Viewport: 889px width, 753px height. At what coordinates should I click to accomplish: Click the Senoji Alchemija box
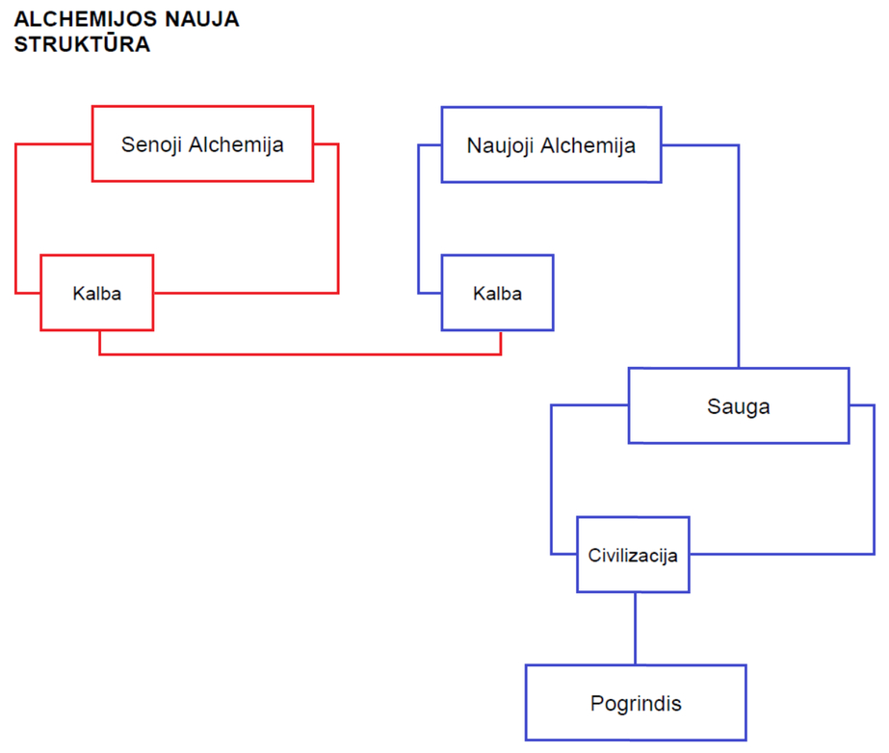click(202, 143)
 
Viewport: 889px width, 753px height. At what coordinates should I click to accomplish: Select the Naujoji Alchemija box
click(551, 144)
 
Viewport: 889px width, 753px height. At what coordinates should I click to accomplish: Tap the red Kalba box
click(97, 293)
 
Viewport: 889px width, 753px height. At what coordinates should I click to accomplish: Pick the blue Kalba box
click(497, 293)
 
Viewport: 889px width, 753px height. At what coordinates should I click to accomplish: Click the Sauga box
click(739, 405)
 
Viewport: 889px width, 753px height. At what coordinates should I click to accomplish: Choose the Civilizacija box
click(633, 555)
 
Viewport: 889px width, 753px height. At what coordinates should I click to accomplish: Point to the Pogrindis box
click(636, 703)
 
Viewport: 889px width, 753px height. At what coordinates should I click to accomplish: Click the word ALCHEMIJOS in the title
click(86, 19)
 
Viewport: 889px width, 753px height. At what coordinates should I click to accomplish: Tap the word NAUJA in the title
click(202, 19)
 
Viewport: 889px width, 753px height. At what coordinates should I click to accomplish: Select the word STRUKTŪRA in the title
click(82, 43)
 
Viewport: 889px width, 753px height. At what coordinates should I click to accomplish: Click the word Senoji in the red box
click(151, 144)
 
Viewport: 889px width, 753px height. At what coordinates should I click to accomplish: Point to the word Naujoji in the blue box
click(500, 145)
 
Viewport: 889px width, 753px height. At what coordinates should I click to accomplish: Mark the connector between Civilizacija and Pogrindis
click(635, 628)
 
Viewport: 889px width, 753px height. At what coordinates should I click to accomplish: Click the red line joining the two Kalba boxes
click(301, 354)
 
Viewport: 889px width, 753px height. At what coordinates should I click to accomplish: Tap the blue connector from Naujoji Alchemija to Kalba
click(419, 219)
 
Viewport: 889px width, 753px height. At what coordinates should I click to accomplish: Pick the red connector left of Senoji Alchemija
click(15, 219)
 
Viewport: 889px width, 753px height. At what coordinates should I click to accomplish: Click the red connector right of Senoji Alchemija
click(338, 219)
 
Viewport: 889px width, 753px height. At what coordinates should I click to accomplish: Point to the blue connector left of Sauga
click(551, 480)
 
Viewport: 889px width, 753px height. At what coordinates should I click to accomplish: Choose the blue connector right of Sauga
click(875, 480)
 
